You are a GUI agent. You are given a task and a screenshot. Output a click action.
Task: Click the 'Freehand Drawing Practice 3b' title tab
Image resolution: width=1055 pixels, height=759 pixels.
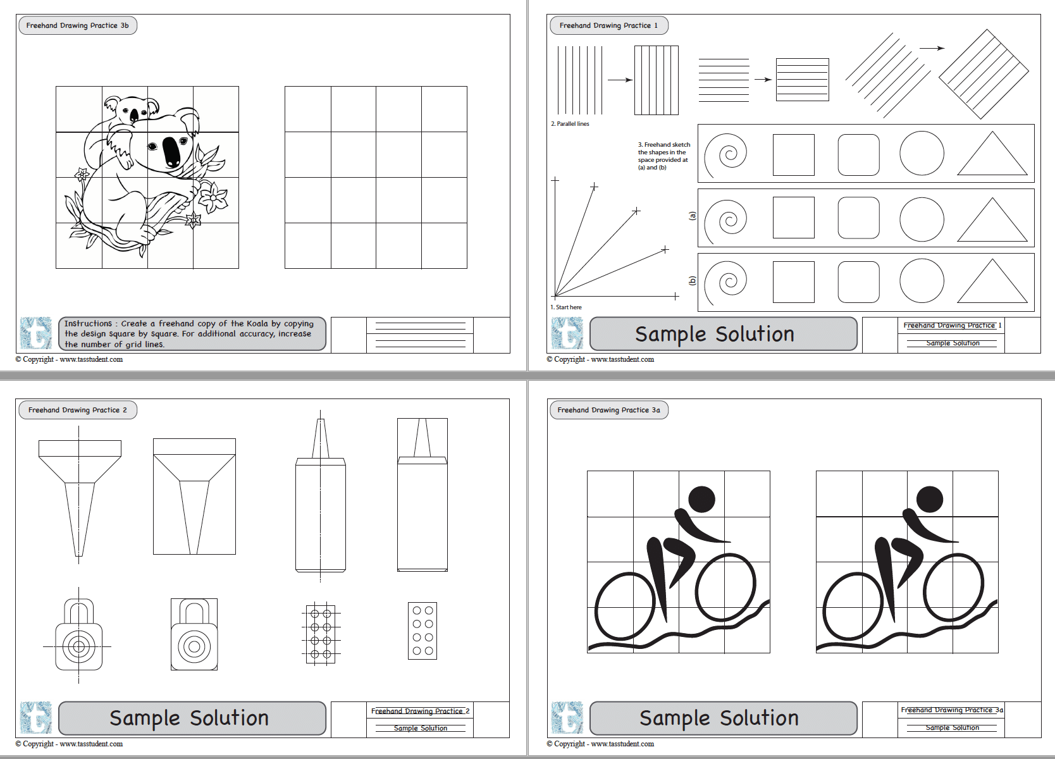pyautogui.click(x=77, y=26)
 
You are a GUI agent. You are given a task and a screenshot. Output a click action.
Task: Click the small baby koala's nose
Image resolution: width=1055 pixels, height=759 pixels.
pyautogui.click(x=134, y=116)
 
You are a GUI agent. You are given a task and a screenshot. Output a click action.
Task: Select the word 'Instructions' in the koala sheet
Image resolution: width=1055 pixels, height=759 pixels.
pyautogui.click(x=88, y=323)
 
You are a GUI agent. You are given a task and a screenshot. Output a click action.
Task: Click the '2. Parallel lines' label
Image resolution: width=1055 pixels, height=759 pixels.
pyautogui.click(x=570, y=124)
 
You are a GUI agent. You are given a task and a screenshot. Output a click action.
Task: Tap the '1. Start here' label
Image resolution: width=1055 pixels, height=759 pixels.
pyautogui.click(x=566, y=307)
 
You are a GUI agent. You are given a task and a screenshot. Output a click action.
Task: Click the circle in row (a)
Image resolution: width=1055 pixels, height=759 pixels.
pyautogui.click(x=922, y=218)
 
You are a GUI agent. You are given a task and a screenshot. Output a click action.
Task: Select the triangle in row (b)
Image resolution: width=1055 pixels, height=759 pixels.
pyautogui.click(x=992, y=283)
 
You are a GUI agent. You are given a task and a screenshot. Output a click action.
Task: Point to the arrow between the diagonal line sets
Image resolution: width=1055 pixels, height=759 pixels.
pyautogui.click(x=932, y=48)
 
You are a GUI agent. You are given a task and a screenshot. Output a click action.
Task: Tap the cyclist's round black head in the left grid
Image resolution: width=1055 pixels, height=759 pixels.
pyautogui.click(x=701, y=499)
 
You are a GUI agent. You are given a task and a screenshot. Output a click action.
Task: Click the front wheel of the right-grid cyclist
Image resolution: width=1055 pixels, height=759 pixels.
pyautogui.click(x=954, y=588)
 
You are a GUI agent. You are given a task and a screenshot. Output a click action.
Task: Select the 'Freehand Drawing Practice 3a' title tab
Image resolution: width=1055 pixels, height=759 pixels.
pyautogui.click(x=608, y=410)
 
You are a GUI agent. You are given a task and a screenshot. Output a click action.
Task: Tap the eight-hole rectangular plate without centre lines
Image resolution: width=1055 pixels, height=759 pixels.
pyautogui.click(x=423, y=631)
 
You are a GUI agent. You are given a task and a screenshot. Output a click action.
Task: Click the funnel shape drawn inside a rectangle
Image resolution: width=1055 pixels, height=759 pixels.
pyautogui.click(x=194, y=497)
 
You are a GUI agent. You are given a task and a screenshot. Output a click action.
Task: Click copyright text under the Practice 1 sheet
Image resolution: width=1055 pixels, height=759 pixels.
pyautogui.click(x=600, y=359)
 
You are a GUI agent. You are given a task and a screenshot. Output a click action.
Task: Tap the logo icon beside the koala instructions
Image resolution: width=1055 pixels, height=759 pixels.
pyautogui.click(x=36, y=333)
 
